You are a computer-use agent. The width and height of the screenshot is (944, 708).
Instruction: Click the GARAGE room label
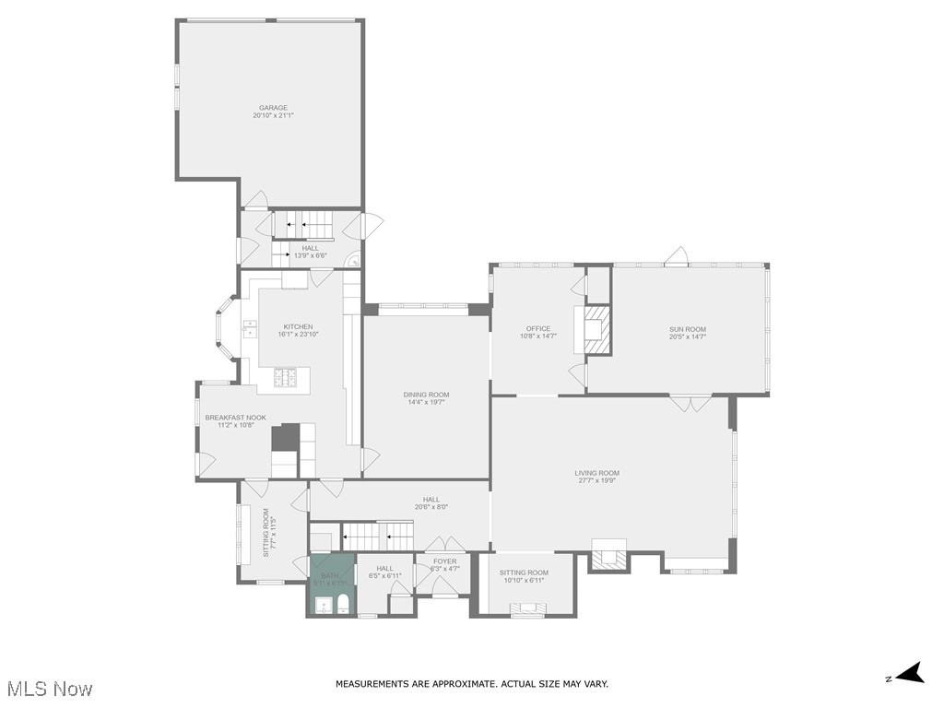(272, 108)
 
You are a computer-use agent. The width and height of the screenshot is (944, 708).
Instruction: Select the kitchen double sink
(250, 327)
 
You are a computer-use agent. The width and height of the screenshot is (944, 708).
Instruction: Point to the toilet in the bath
(343, 604)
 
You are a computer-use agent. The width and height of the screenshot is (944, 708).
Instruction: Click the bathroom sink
(322, 605)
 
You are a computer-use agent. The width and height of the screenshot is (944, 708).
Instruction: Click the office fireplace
(593, 330)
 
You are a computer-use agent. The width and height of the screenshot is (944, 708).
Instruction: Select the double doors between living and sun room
(690, 403)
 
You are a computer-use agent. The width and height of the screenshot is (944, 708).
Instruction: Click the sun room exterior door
(678, 255)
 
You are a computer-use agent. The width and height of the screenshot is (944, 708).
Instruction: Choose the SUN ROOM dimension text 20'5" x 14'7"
(688, 337)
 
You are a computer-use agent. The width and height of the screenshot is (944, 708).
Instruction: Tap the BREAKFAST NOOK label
(235, 418)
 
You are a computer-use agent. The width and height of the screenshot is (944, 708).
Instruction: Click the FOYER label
(444, 561)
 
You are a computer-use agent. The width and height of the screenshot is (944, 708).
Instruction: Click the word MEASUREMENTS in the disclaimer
(370, 684)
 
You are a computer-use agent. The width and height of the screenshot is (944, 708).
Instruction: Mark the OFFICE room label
(538, 328)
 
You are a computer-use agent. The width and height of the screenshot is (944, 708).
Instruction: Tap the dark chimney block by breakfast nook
(288, 437)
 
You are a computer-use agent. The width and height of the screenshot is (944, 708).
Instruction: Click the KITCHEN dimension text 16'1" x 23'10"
(298, 335)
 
